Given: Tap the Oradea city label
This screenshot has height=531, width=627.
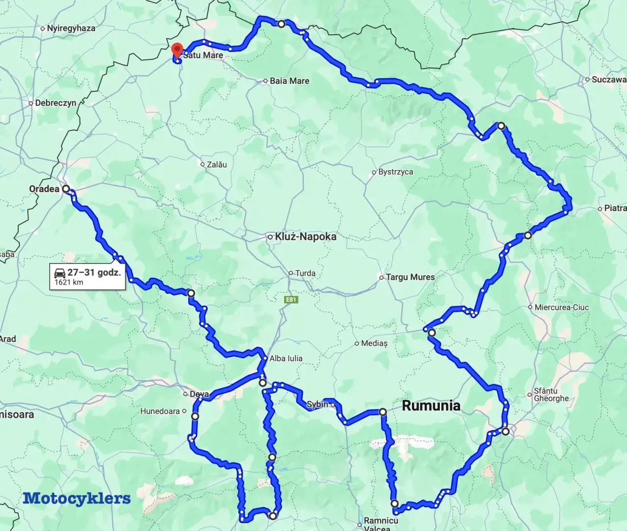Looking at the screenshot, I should pos(44,189).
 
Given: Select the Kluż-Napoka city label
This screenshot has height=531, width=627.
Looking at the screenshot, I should pos(305,237).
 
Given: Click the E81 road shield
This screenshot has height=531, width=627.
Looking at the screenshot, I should pos(291,299).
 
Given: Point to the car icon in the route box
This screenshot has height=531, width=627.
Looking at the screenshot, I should pos(60,273).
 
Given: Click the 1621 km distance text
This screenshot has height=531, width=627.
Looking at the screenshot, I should pos(69,282).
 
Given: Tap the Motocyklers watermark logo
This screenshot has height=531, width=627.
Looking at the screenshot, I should pos(77,498).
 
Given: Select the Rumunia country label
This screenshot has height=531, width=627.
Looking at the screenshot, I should pos(431,406).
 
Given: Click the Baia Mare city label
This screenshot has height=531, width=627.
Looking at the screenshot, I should pos(289,81).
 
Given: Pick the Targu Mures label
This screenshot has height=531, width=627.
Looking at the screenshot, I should pos(410,277).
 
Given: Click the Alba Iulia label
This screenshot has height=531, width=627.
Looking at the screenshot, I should pos(286,359).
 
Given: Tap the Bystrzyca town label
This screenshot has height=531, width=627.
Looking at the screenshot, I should pos(395,172).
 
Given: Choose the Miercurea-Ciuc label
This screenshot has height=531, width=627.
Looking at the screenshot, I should pos(562,307).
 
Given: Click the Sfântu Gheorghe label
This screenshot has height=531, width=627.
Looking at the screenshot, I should pos(551,394).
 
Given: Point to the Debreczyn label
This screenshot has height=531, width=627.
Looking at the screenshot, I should pos(55,103).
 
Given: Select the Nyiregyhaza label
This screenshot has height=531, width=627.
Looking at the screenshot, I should pos(71,28).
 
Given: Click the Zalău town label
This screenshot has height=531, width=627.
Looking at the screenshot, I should pos(217,165).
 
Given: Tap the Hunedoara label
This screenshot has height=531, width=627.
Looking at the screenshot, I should pos(160,411).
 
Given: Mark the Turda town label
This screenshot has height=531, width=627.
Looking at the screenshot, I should pos(305,273).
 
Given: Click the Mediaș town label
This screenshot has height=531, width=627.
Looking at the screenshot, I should pos(374,343).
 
